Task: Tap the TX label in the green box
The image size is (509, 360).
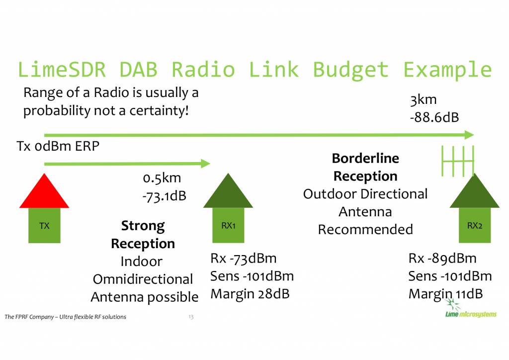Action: pyautogui.click(x=44, y=226)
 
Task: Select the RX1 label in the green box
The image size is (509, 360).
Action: pyautogui.click(x=228, y=226)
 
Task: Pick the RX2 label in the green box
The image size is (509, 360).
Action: pyautogui.click(x=475, y=226)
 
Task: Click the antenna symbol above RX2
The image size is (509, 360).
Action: pyautogui.click(x=458, y=161)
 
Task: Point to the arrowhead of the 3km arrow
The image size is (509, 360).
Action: pyautogui.click(x=469, y=135)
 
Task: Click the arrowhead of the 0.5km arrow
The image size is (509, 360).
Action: pyautogui.click(x=205, y=163)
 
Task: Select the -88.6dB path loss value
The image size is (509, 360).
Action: pyautogui.click(x=434, y=117)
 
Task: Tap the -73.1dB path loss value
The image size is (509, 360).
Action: pyautogui.click(x=164, y=196)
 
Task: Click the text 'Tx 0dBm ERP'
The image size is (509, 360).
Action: pyautogui.click(x=58, y=146)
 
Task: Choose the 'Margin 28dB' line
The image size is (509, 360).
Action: pyautogui.click(x=250, y=294)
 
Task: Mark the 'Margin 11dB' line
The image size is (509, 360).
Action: pyautogui.click(x=445, y=294)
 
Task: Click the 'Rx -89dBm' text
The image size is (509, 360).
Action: pyautogui.click(x=442, y=259)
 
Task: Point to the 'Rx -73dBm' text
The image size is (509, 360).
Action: pyautogui.click(x=244, y=259)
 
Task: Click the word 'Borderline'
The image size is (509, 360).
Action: pyautogui.click(x=365, y=159)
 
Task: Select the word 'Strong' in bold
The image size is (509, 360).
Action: pyautogui.click(x=143, y=226)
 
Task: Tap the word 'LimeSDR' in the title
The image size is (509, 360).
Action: pyautogui.click(x=62, y=70)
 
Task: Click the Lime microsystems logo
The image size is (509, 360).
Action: pyautogui.click(x=471, y=309)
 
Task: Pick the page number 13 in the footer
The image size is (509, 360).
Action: pyautogui.click(x=191, y=317)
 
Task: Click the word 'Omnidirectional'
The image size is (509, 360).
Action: pyautogui.click(x=143, y=279)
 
